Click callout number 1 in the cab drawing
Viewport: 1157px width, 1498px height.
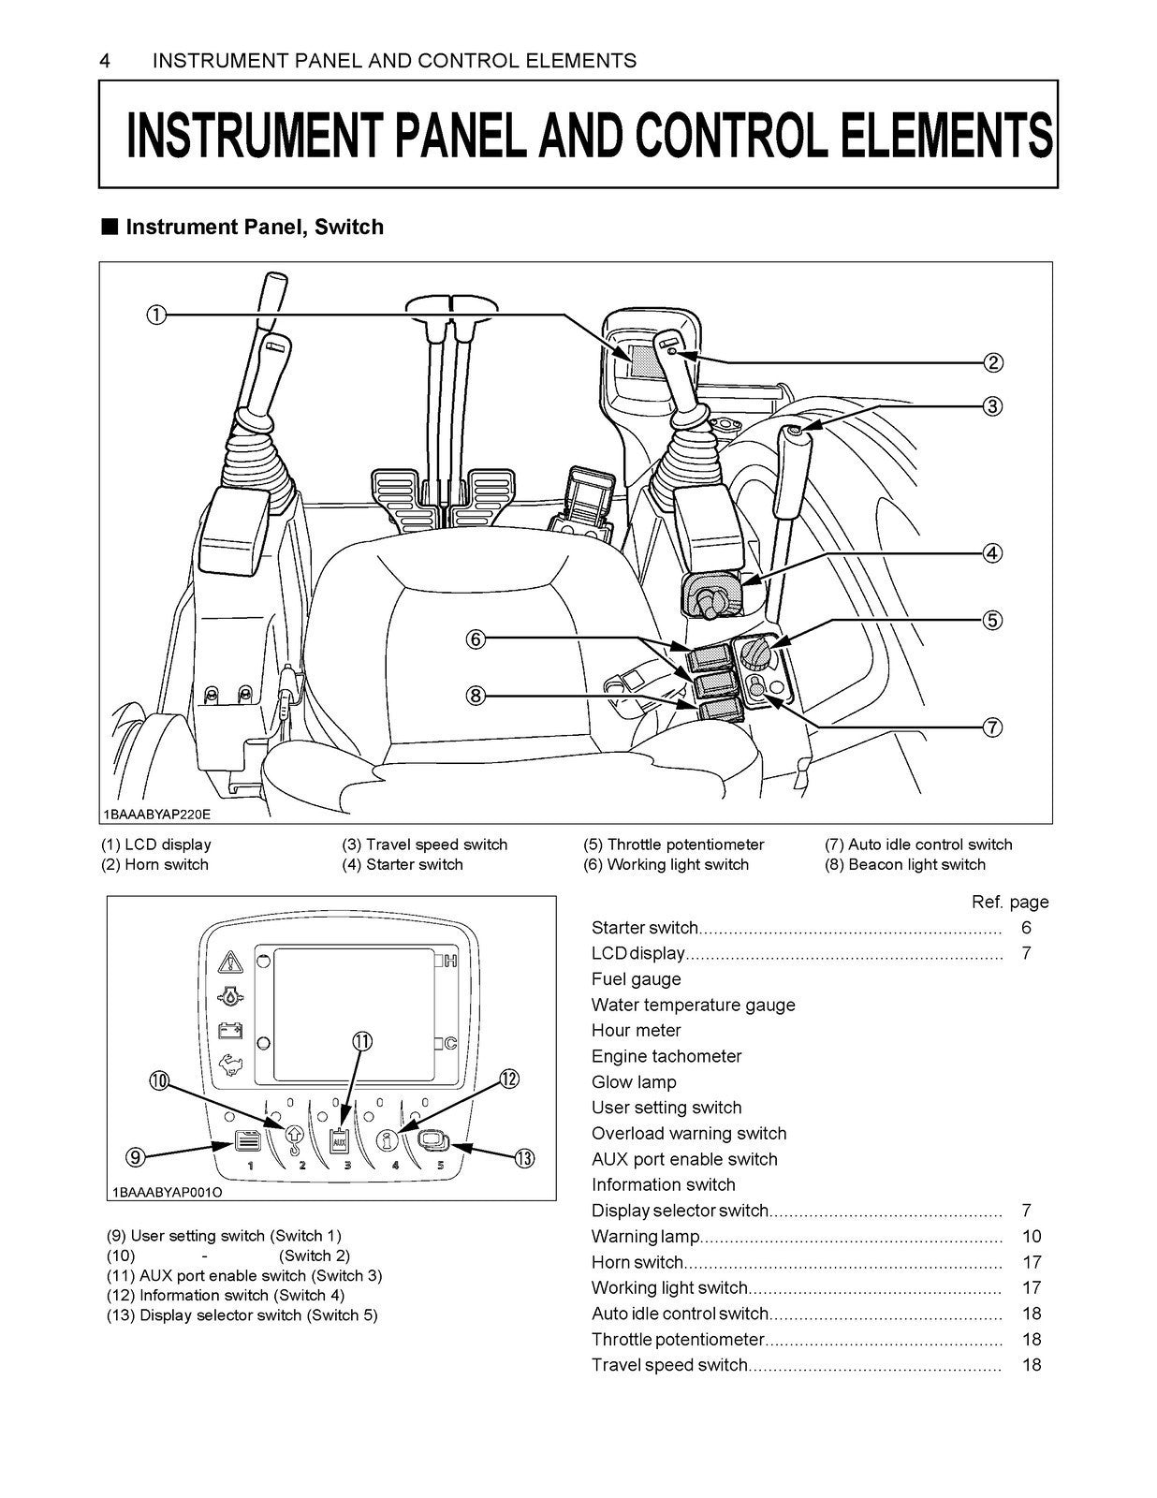coord(156,315)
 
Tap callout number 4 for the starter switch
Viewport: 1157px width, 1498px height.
coord(992,552)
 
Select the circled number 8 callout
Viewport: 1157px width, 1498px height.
coord(476,696)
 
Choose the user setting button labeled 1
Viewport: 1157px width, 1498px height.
coord(246,1143)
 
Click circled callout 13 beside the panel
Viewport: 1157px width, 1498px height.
coord(524,1158)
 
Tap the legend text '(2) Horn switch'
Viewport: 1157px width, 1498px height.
coord(155,864)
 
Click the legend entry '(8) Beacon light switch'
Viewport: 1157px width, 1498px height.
coord(905,864)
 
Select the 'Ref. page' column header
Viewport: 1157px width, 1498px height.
coord(1010,902)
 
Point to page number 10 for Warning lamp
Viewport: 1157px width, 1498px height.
coord(1032,1236)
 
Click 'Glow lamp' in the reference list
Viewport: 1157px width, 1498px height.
coord(634,1081)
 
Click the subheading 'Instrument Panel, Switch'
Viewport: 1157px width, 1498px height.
coord(254,227)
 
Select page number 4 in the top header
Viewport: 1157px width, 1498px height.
coord(105,61)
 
